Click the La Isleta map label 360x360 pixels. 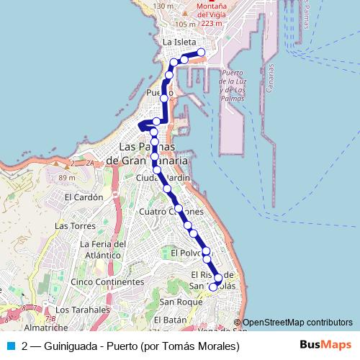[x=179, y=42]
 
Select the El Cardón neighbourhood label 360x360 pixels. [x=83, y=197]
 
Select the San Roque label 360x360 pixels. [x=176, y=302]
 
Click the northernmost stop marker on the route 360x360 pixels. [x=201, y=52]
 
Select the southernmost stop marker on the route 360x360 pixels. [x=212, y=287]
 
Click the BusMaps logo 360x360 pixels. [x=330, y=346]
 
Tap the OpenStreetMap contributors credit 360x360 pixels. [x=297, y=323]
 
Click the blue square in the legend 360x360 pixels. [x=11, y=346]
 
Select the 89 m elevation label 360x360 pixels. [x=67, y=178]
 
